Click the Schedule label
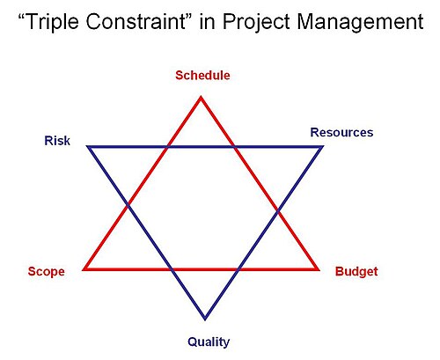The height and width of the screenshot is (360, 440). coord(202,76)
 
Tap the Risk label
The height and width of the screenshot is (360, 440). coord(57,141)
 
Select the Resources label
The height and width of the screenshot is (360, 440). coord(341,133)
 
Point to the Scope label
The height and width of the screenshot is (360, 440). coord(47,272)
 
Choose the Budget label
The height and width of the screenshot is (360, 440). coord(356,272)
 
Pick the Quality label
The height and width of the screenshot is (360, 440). coord(209,342)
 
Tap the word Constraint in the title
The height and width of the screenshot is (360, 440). coord(135,22)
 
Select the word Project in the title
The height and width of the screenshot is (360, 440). coord(256,22)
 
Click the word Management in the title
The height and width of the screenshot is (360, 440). coord(360,22)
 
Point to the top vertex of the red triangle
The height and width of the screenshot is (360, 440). coord(201,97)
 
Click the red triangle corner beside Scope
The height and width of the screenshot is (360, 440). coord(83,269)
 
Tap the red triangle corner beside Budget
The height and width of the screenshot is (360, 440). coord(319,269)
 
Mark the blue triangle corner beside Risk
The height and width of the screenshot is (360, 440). coord(87,146)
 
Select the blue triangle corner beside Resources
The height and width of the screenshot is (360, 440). coord(323,146)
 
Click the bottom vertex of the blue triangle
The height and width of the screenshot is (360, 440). coord(205,320)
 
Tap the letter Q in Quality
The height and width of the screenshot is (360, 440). coord(192,342)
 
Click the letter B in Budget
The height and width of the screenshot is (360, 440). coord(339,271)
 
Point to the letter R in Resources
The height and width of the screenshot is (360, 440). coord(315,133)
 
